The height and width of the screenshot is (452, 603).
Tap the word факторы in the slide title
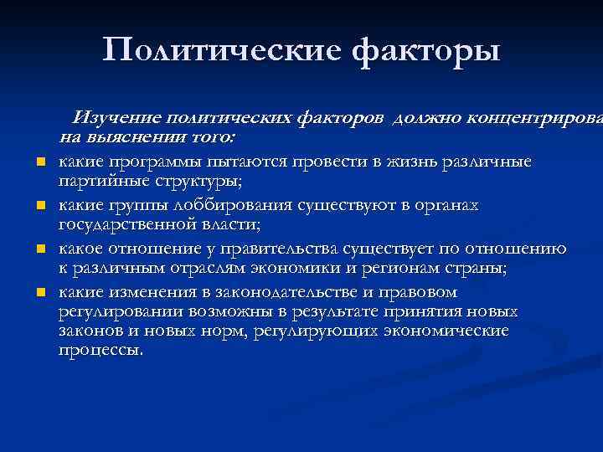point(426,50)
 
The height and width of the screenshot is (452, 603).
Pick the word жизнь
point(388,162)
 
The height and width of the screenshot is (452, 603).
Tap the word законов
point(90,331)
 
